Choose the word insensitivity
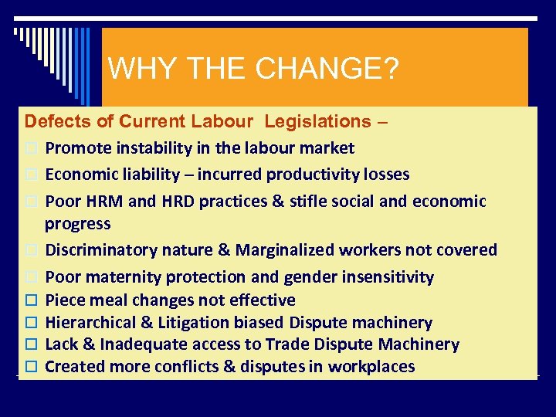click(385, 276)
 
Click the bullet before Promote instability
click(31, 148)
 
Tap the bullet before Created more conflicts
click(31, 367)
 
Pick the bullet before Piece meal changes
click(31, 300)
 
